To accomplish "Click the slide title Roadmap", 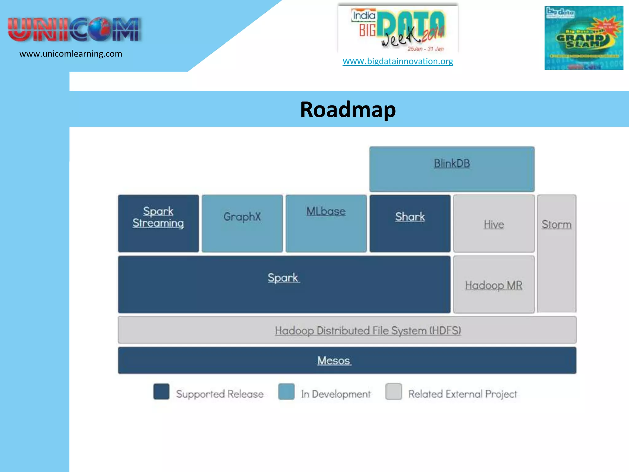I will click(348, 110).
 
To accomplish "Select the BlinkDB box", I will click(451, 169).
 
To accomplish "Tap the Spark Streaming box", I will click(158, 223).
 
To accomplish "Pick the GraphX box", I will click(242, 223).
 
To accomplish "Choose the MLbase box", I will click(326, 223).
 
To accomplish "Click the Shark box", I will click(410, 223).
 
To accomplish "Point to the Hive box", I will click(494, 224).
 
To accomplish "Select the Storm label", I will click(556, 225).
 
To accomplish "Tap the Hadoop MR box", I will click(494, 285).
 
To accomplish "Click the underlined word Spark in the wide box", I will click(283, 278).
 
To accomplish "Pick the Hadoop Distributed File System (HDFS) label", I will click(368, 331).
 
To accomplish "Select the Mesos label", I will click(334, 360).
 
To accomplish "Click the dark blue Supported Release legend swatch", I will click(161, 391).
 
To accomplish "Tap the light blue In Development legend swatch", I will click(286, 391).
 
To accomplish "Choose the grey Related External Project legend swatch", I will click(393, 391).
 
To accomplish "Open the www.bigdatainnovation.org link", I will click(398, 61).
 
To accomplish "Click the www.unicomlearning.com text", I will click(71, 54).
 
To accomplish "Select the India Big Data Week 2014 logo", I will click(398, 29).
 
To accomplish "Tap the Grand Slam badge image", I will click(584, 38).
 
